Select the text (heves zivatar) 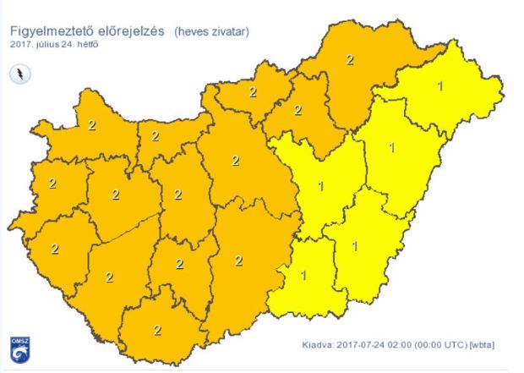point(212,32)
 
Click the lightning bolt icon point(20,74)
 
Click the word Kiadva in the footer point(319,345)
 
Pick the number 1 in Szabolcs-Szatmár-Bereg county point(439,85)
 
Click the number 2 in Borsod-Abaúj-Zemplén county point(350,59)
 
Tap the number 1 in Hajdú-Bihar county point(390,147)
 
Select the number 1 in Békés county point(354,246)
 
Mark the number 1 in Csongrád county point(303,275)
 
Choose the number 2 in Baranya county point(157,330)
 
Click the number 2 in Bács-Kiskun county point(239,261)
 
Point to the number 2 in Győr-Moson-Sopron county point(91,125)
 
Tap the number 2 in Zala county point(55,249)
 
